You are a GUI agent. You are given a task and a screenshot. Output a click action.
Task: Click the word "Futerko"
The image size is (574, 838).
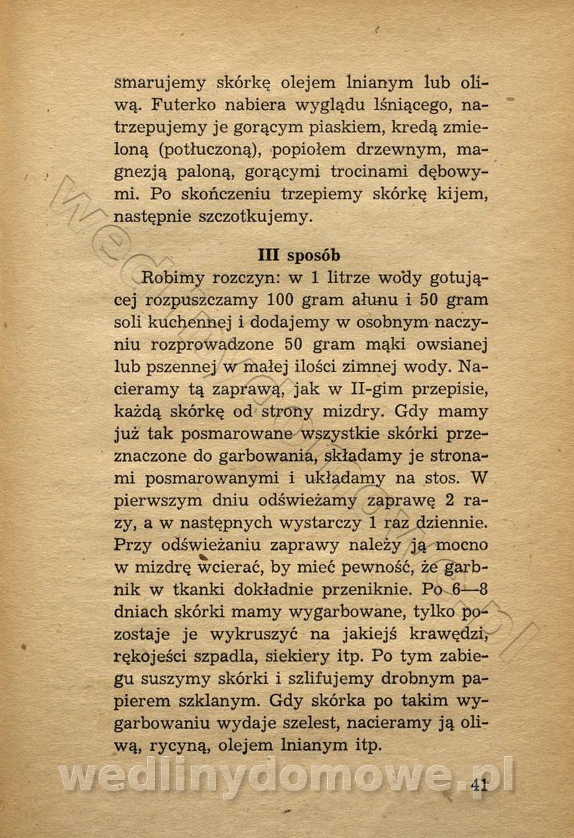click(x=187, y=105)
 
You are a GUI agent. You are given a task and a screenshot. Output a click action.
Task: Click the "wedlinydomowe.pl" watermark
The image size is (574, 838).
click(x=287, y=776)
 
